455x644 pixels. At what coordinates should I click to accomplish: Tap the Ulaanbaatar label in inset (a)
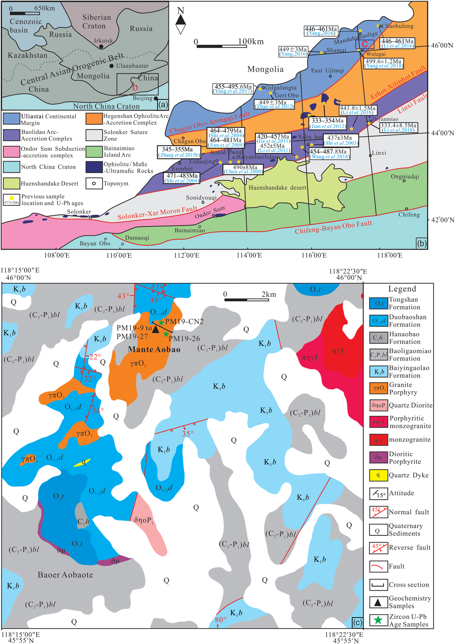click(x=132, y=66)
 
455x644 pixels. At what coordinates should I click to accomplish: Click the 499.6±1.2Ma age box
click(x=383, y=63)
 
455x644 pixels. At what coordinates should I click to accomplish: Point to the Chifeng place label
click(x=409, y=215)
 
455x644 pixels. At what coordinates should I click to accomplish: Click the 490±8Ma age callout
click(x=243, y=169)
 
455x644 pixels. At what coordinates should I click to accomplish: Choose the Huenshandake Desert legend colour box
click(x=11, y=183)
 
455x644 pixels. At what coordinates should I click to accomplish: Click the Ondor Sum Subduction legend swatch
click(x=11, y=152)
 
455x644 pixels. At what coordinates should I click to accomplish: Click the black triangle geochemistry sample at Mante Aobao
click(x=156, y=330)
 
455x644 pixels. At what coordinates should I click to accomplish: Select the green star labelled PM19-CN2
click(x=161, y=322)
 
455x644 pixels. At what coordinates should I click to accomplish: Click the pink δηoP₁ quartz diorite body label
click(x=143, y=520)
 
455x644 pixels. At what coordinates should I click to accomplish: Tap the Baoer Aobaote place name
click(x=65, y=575)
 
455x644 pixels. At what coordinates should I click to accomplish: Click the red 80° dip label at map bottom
click(x=220, y=620)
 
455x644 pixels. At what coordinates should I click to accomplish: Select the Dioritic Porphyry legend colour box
click(x=378, y=458)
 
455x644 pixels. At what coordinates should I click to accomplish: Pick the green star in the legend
click(x=378, y=620)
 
